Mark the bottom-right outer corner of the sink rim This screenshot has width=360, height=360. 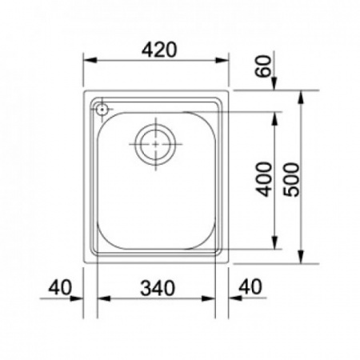point(227,262)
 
